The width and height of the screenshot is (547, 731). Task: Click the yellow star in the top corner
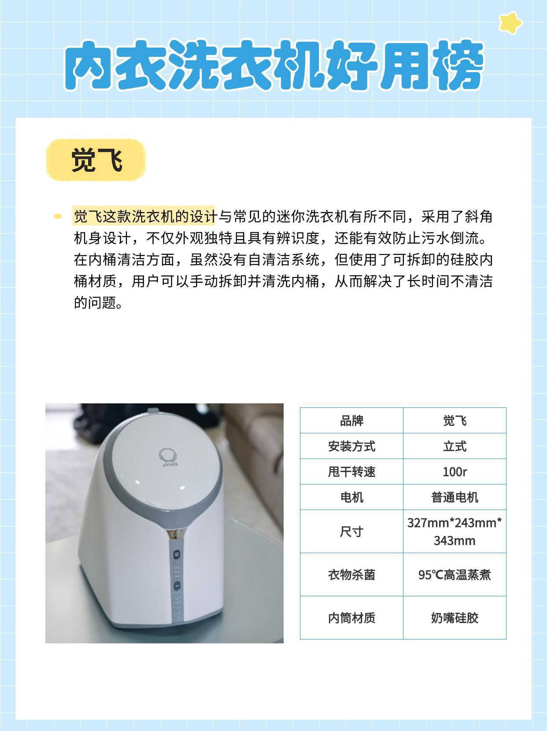pos(510,23)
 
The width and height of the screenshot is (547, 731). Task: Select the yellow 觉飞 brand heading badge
pos(96,160)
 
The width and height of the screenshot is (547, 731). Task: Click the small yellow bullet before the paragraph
pos(58,217)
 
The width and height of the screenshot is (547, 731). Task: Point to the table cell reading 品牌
pos(351,421)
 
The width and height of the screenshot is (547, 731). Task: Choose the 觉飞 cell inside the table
pos(455,421)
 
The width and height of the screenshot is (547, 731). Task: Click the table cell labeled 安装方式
pos(351,446)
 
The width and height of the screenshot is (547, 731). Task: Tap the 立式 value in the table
pos(455,446)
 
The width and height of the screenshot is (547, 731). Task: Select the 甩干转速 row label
pos(351,472)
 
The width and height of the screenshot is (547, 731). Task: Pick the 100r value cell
pos(455,472)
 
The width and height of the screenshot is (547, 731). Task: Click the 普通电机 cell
pos(455,497)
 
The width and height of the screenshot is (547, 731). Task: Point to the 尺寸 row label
pos(351,532)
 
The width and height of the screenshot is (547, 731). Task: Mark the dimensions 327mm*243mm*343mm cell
pos(455,532)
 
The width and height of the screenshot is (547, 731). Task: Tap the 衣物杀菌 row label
pos(351,575)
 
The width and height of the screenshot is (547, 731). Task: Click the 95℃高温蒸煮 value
pos(455,575)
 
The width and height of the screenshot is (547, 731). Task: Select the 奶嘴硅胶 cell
pos(455,618)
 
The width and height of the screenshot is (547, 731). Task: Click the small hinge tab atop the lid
pos(153,410)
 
